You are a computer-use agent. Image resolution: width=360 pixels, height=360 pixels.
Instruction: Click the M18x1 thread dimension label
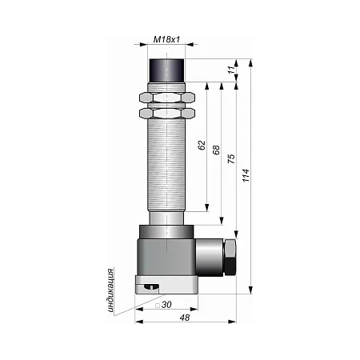[x=166, y=39]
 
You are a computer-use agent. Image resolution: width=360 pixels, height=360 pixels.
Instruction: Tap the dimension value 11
[x=232, y=70]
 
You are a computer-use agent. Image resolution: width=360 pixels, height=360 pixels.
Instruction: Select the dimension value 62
[x=202, y=146]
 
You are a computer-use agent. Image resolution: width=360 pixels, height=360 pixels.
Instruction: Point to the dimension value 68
[x=216, y=150]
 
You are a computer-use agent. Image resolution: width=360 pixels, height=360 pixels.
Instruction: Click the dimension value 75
[x=231, y=158]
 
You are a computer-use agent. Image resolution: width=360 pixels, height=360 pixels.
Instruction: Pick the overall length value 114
[x=246, y=175]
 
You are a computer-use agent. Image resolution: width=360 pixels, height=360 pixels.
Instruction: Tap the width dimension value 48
[x=185, y=318]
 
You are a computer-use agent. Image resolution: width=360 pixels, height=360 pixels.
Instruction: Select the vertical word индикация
[x=110, y=290]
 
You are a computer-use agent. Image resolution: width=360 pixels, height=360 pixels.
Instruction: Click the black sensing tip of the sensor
[x=166, y=70]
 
